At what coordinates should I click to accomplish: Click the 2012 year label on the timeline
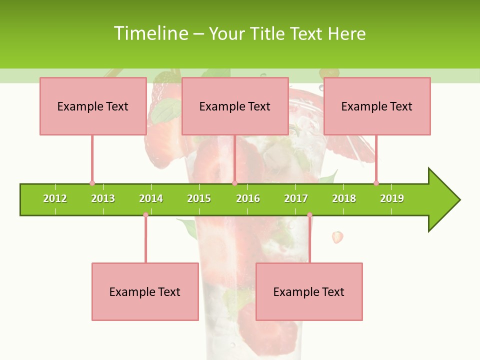(x=55, y=198)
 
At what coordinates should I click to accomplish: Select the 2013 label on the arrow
(x=103, y=198)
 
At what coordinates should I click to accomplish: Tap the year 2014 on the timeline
(x=151, y=198)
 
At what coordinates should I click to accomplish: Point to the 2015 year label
(x=199, y=198)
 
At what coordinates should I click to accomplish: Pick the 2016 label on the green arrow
(x=248, y=198)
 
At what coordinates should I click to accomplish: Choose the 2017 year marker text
(x=296, y=198)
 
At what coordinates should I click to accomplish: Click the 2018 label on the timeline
(x=344, y=198)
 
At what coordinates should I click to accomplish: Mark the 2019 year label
(x=392, y=198)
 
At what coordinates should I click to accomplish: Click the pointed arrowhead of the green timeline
(x=445, y=200)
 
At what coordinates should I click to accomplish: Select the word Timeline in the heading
(x=150, y=33)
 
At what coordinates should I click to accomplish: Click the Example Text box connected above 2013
(x=93, y=106)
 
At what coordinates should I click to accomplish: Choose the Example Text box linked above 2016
(x=235, y=106)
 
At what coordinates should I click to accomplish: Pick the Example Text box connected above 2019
(x=377, y=106)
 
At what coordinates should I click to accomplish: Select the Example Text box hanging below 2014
(x=145, y=291)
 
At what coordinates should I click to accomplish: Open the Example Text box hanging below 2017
(x=309, y=291)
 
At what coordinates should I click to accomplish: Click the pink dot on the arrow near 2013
(x=92, y=183)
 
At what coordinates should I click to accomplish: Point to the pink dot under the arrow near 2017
(x=309, y=215)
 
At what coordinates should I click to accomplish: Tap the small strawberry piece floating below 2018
(x=338, y=236)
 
